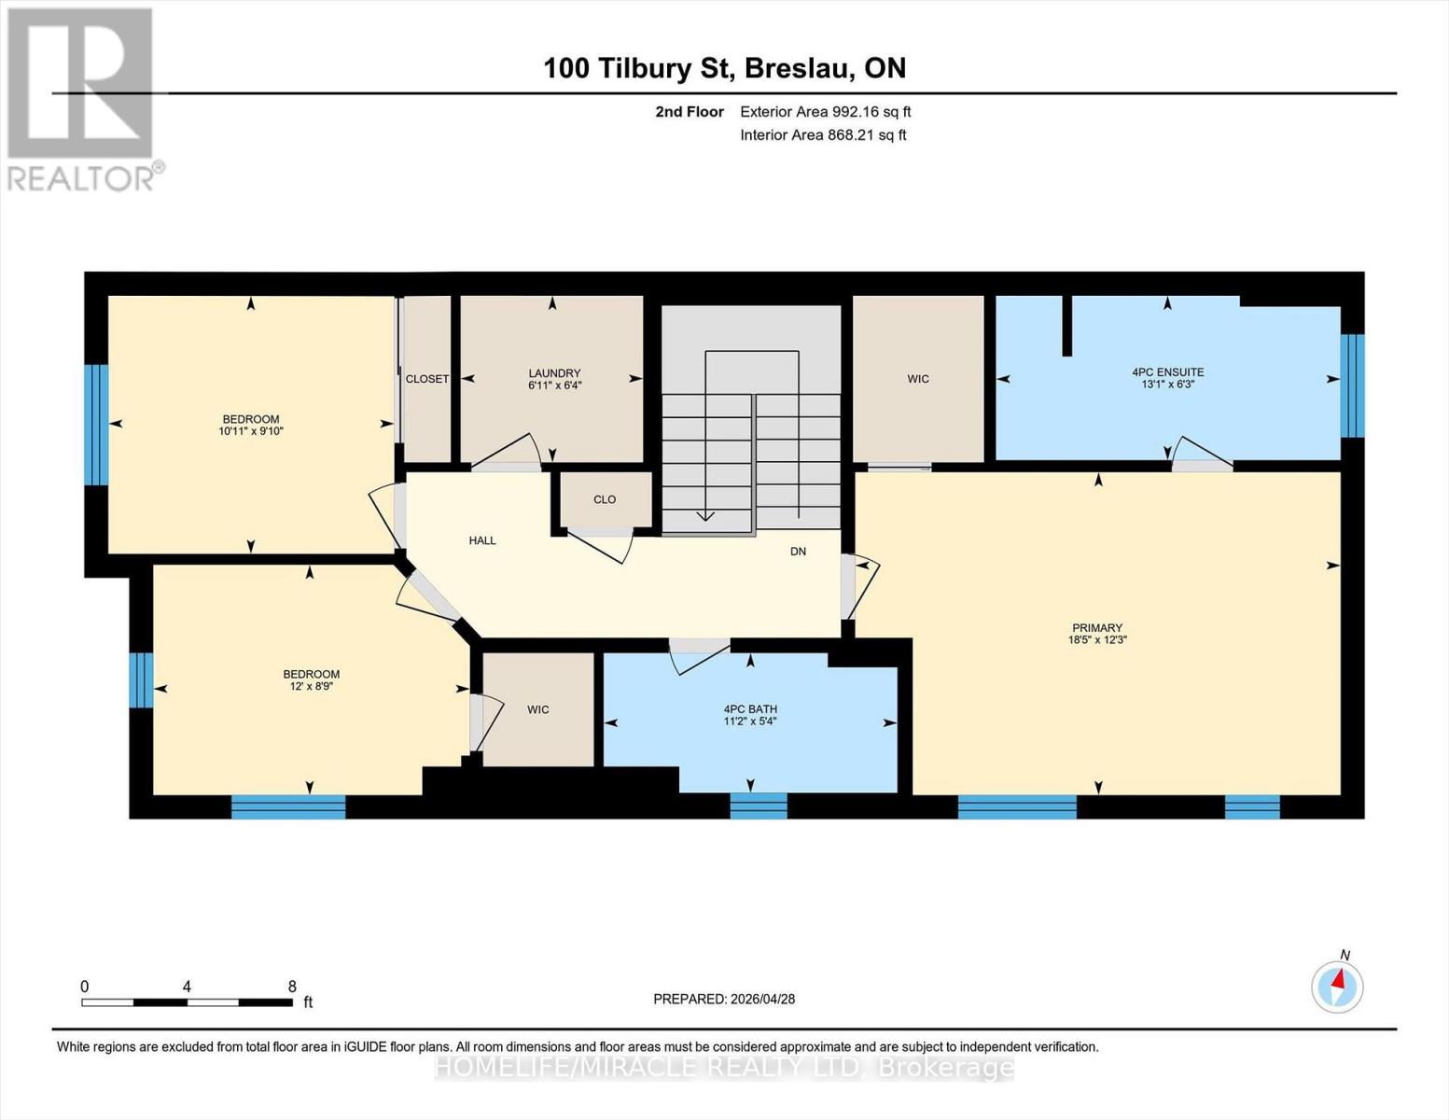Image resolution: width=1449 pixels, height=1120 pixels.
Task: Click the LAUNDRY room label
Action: tap(554, 373)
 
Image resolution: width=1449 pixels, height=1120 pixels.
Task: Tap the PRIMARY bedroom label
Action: tap(1097, 628)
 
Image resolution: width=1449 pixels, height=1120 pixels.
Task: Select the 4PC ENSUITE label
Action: tap(1167, 371)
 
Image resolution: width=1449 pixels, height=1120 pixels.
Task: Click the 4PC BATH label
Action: tap(750, 709)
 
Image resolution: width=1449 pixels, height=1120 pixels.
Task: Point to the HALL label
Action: tap(482, 540)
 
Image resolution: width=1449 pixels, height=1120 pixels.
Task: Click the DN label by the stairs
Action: tap(798, 552)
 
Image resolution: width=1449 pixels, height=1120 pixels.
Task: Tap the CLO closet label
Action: tap(605, 499)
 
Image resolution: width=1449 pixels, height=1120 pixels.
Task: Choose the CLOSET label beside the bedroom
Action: tap(427, 379)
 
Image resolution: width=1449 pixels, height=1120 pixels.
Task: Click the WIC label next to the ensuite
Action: tap(918, 379)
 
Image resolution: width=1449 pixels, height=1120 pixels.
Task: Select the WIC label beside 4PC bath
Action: tap(538, 710)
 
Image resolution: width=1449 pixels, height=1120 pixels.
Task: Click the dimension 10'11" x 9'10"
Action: tap(251, 431)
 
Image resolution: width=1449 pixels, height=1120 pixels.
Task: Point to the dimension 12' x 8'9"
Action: tap(312, 686)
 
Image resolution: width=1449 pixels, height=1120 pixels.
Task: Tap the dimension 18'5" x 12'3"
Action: tap(1097, 640)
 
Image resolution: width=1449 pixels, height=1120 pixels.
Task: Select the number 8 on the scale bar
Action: tap(292, 987)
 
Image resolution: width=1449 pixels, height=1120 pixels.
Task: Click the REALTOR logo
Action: tap(82, 98)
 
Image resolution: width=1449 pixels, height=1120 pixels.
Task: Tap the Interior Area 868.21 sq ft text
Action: tap(823, 135)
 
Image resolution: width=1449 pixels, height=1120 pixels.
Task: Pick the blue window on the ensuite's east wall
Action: tap(1352, 385)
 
